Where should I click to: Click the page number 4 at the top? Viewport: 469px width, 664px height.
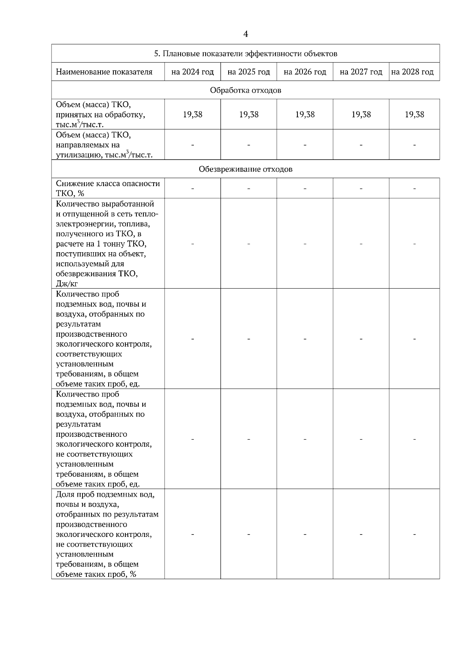point(245,34)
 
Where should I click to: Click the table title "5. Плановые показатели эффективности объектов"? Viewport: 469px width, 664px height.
point(245,54)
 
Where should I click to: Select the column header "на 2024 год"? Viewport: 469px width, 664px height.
point(193,72)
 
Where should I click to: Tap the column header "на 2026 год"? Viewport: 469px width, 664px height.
point(305,72)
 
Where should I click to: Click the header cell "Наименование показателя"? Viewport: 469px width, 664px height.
point(104,72)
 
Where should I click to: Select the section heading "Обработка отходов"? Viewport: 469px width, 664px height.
point(245,90)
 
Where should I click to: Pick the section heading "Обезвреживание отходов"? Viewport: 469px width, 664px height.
point(245,169)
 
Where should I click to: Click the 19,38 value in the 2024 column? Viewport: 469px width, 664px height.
point(193,115)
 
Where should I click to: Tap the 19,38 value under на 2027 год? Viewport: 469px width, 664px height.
point(361,115)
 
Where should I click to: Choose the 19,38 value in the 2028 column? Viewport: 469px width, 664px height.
point(414,115)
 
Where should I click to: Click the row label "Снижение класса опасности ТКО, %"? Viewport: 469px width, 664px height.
point(107,188)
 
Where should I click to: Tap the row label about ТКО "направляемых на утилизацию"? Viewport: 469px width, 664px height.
point(104,145)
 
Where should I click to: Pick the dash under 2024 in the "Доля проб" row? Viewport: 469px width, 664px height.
point(193,534)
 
